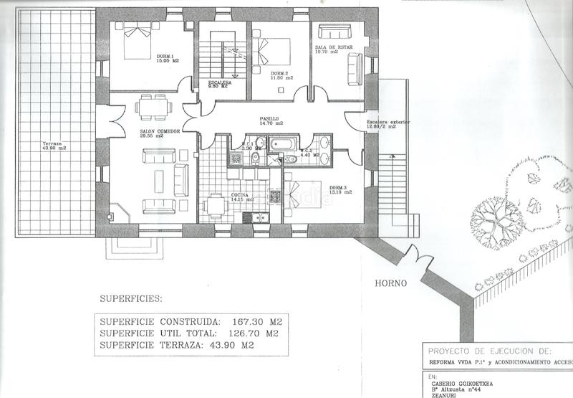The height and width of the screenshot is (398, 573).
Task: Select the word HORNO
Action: [391, 283]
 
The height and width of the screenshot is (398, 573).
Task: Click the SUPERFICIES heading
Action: [131, 298]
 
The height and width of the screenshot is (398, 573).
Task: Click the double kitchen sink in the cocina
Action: [255, 217]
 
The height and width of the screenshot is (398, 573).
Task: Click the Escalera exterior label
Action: [388, 125]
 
